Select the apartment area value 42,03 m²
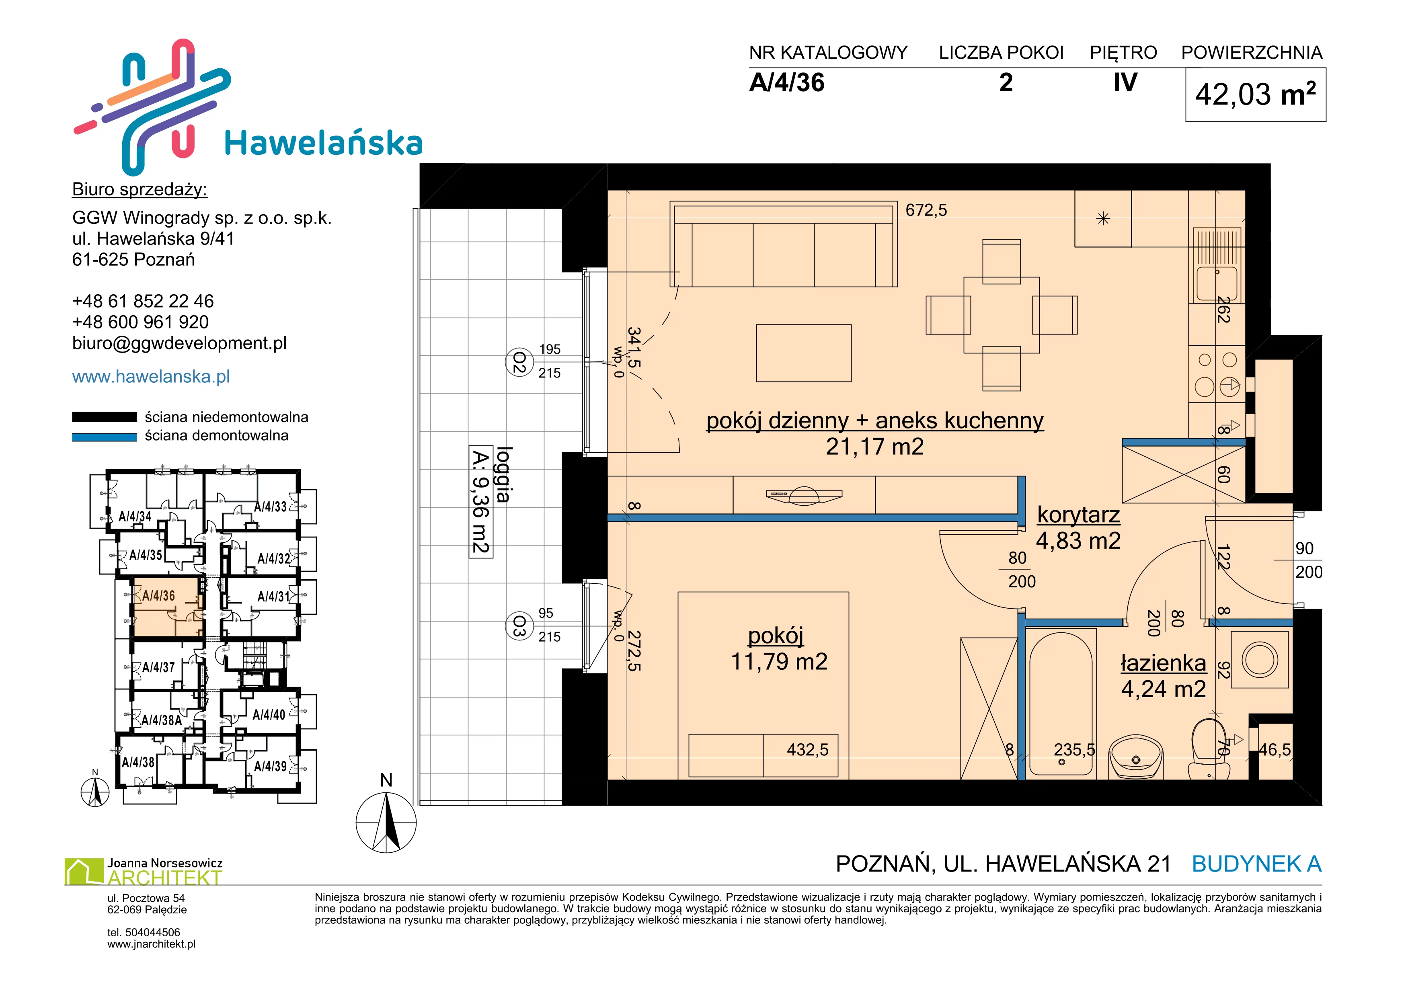[x=1255, y=94]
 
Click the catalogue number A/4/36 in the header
[x=787, y=83]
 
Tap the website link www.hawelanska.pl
[x=151, y=376]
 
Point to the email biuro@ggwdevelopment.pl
[x=179, y=343]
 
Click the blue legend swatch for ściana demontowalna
[x=105, y=437]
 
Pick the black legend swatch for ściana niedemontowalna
[x=105, y=417]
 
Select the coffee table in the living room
[x=804, y=353]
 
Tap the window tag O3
[x=519, y=627]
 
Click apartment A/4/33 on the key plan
[x=271, y=507]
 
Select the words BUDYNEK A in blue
[x=1256, y=864]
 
